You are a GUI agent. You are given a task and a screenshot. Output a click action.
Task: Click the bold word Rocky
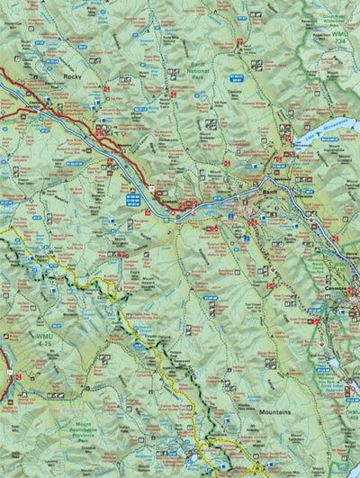click(x=73, y=77)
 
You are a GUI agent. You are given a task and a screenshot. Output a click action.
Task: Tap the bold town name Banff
click(x=269, y=192)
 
